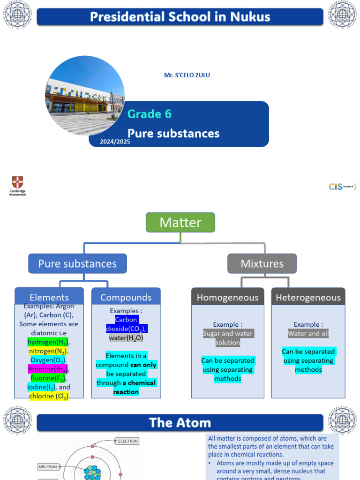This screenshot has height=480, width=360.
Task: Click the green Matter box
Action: tap(180, 222)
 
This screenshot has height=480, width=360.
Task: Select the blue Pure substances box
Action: tap(77, 263)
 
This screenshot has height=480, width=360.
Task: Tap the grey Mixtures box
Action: tap(262, 263)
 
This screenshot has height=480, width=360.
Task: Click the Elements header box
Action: tap(49, 297)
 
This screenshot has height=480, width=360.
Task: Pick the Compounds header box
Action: tap(126, 297)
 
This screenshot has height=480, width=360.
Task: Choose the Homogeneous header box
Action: tap(227, 297)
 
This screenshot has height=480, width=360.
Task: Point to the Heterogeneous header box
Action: tap(308, 297)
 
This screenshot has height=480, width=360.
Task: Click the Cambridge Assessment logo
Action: tap(17, 186)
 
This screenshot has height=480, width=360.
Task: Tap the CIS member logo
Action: tap(342, 187)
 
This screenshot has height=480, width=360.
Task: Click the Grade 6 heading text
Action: tap(150, 114)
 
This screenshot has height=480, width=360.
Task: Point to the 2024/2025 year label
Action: tap(115, 141)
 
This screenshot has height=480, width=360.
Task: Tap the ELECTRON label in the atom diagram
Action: tap(128, 441)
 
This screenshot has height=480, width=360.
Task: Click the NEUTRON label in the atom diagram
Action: tap(48, 467)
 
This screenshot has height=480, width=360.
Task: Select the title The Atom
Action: tap(180, 423)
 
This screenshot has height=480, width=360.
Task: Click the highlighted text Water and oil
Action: tap(308, 333)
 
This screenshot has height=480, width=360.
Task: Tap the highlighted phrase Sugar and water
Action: tap(228, 333)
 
